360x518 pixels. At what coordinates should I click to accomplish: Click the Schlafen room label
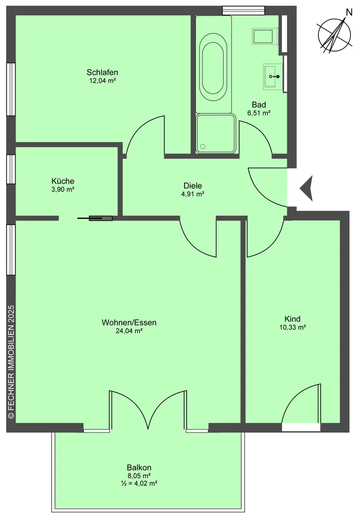click(x=102, y=72)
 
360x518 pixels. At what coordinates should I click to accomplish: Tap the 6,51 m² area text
click(x=259, y=113)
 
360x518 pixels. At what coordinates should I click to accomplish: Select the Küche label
click(x=63, y=181)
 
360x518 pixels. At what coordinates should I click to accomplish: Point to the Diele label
click(x=193, y=186)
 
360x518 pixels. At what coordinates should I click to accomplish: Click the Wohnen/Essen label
click(x=129, y=322)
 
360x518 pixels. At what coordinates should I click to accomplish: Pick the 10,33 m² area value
click(x=292, y=327)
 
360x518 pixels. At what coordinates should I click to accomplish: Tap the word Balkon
click(x=139, y=468)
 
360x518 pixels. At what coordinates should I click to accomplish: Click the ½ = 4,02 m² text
click(x=139, y=483)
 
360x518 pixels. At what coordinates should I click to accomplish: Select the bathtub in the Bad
click(x=213, y=64)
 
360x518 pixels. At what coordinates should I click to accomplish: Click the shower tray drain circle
click(x=203, y=146)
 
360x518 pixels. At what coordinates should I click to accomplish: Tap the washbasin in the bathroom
click(x=273, y=77)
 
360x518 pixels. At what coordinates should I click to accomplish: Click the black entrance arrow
click(x=306, y=188)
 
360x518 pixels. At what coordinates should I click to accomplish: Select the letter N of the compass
click(x=348, y=12)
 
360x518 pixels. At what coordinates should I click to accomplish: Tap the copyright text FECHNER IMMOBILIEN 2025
click(x=11, y=362)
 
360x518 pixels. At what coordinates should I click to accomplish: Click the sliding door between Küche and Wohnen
click(x=95, y=218)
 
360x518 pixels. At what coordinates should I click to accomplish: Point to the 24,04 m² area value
click(x=129, y=331)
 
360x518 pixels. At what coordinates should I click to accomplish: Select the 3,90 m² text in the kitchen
click(x=63, y=190)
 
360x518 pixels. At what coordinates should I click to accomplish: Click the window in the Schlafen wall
click(x=11, y=89)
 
